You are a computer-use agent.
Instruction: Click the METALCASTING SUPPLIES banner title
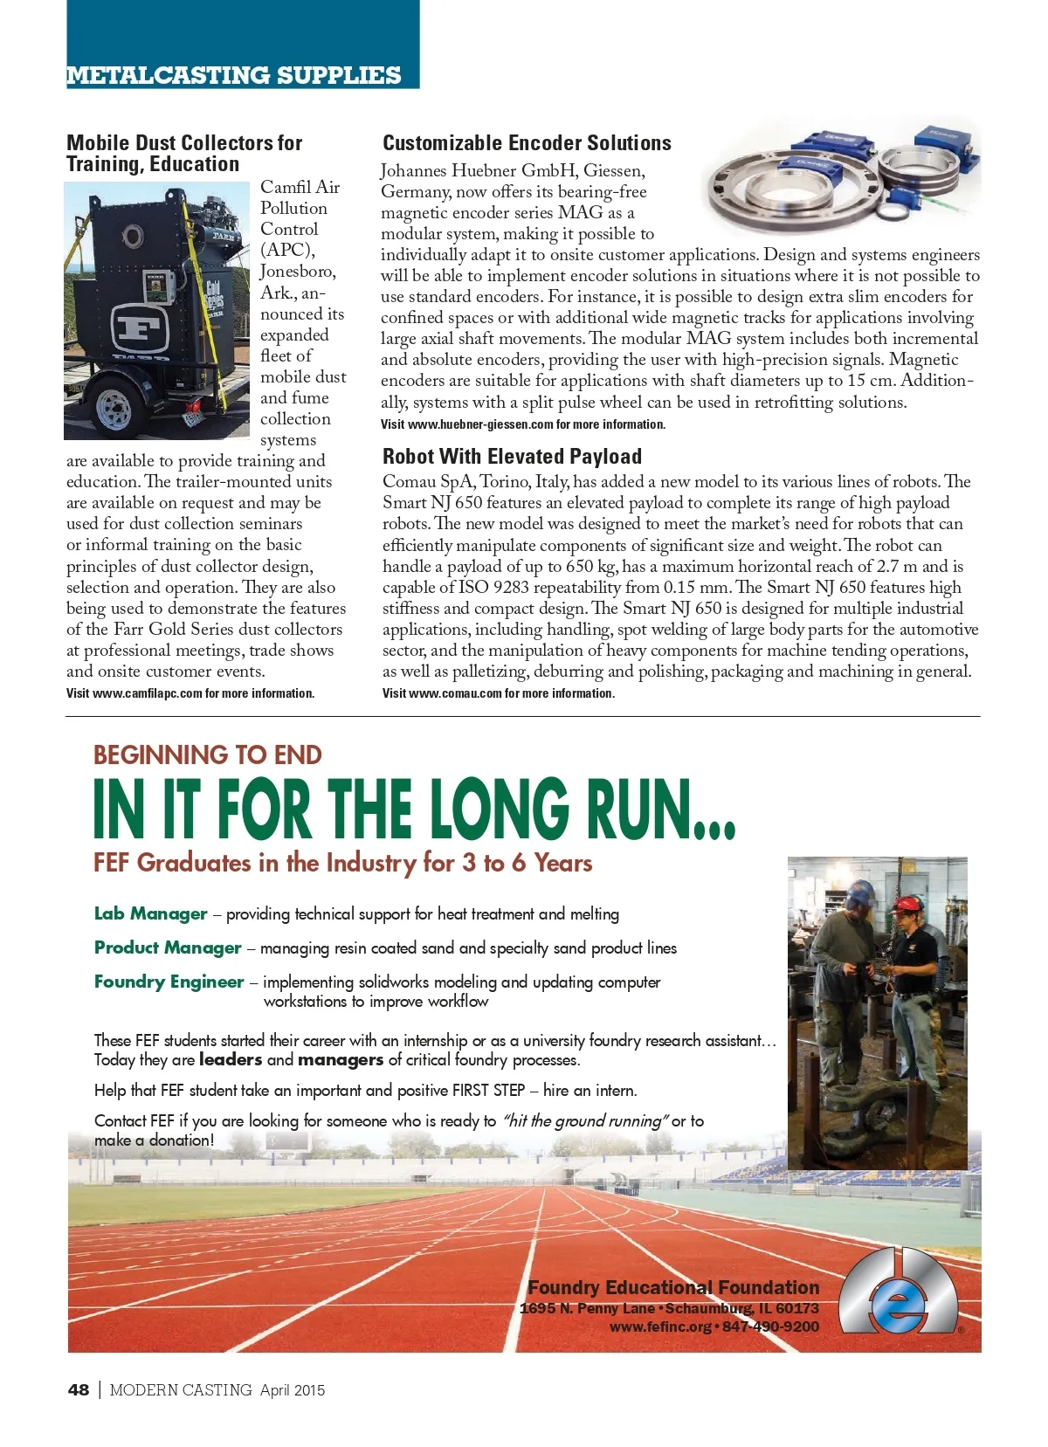point(234,75)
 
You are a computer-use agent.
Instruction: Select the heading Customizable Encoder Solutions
point(527,143)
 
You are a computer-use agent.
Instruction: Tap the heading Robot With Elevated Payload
point(512,457)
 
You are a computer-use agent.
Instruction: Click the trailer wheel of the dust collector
point(114,407)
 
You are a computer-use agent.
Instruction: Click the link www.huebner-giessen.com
point(480,424)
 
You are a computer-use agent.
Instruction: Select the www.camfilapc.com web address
point(147,693)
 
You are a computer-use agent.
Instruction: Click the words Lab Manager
point(150,913)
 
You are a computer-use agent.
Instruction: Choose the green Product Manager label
point(168,947)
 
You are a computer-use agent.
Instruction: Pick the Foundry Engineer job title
point(169,982)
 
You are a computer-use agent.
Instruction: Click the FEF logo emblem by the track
point(899,1292)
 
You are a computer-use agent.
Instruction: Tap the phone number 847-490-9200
point(770,1326)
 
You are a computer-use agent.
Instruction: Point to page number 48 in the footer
point(79,1389)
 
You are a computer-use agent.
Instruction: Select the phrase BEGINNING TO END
point(208,755)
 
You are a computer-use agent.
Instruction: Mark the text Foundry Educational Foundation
point(673,1287)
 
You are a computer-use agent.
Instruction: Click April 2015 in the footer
point(293,1389)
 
